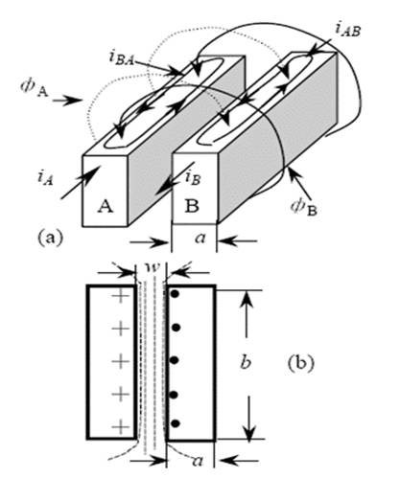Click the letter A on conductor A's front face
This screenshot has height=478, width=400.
106,206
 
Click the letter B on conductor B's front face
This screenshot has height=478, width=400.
192,206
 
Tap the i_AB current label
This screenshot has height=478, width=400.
348,30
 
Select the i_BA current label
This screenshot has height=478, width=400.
121,57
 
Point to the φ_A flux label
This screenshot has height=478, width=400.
34,87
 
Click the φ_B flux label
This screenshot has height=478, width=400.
304,207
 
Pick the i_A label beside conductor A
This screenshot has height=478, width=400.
45,177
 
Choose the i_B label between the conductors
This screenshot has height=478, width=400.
193,177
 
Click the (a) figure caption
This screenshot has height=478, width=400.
50,239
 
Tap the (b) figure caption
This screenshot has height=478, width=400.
301,363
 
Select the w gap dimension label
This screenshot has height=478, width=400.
152,267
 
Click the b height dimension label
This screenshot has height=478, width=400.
246,362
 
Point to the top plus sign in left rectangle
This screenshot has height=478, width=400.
121,295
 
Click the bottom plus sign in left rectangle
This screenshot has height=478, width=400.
121,427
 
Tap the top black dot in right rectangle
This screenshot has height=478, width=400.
175,294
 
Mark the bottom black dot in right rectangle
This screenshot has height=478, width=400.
175,423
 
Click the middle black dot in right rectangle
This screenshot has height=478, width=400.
174,360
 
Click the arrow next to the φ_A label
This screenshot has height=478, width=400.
67,101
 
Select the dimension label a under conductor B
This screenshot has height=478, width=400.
200,239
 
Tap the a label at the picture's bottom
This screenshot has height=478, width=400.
198,461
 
